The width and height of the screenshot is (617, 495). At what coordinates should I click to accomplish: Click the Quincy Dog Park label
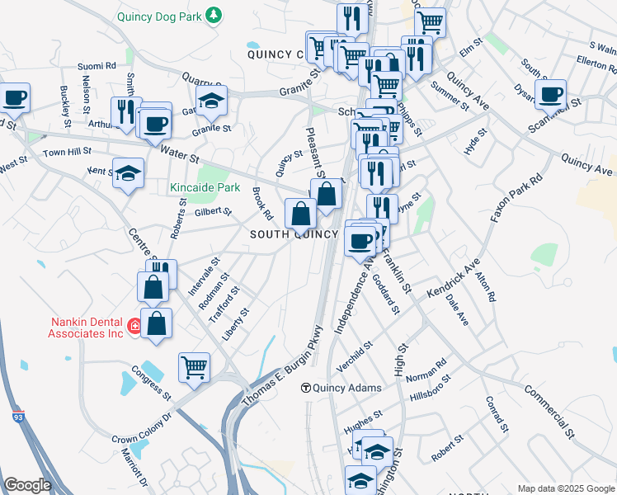[x=159, y=16]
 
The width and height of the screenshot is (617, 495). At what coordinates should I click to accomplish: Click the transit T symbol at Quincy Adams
[x=305, y=388]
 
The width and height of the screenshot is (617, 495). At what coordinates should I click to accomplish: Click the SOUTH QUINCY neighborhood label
[x=294, y=234]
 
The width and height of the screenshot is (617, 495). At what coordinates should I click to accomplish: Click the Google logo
[x=27, y=484]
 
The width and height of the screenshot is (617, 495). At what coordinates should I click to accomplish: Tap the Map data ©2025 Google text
[x=565, y=488]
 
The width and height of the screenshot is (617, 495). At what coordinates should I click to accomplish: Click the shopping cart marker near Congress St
[x=194, y=366]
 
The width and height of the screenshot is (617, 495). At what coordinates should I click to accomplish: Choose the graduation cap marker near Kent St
[x=128, y=172]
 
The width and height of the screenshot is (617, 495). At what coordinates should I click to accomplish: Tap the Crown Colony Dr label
[x=141, y=430]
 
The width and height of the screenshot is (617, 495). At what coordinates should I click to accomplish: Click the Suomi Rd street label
[x=97, y=64]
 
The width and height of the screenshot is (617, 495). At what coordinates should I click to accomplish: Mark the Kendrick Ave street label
[x=454, y=278]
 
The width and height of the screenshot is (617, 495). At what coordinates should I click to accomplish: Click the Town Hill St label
[x=67, y=153]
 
